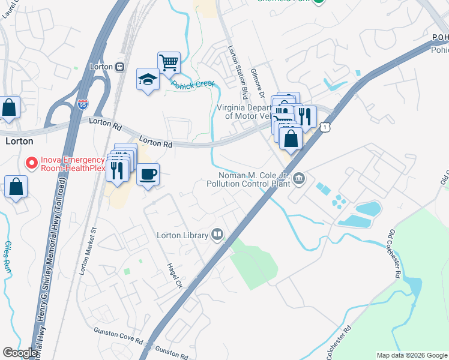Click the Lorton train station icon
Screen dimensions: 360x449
(x=120, y=67)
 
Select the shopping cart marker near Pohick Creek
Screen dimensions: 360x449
(x=169, y=62)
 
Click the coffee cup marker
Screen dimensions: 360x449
(x=148, y=175)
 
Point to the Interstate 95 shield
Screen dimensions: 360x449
(x=83, y=105)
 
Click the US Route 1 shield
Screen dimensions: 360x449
(x=325, y=127)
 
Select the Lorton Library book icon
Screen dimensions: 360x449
(x=217, y=235)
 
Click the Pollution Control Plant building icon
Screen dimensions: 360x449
(x=300, y=179)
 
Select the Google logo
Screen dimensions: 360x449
(x=20, y=353)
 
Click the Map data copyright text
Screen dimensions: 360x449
(x=412, y=355)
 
